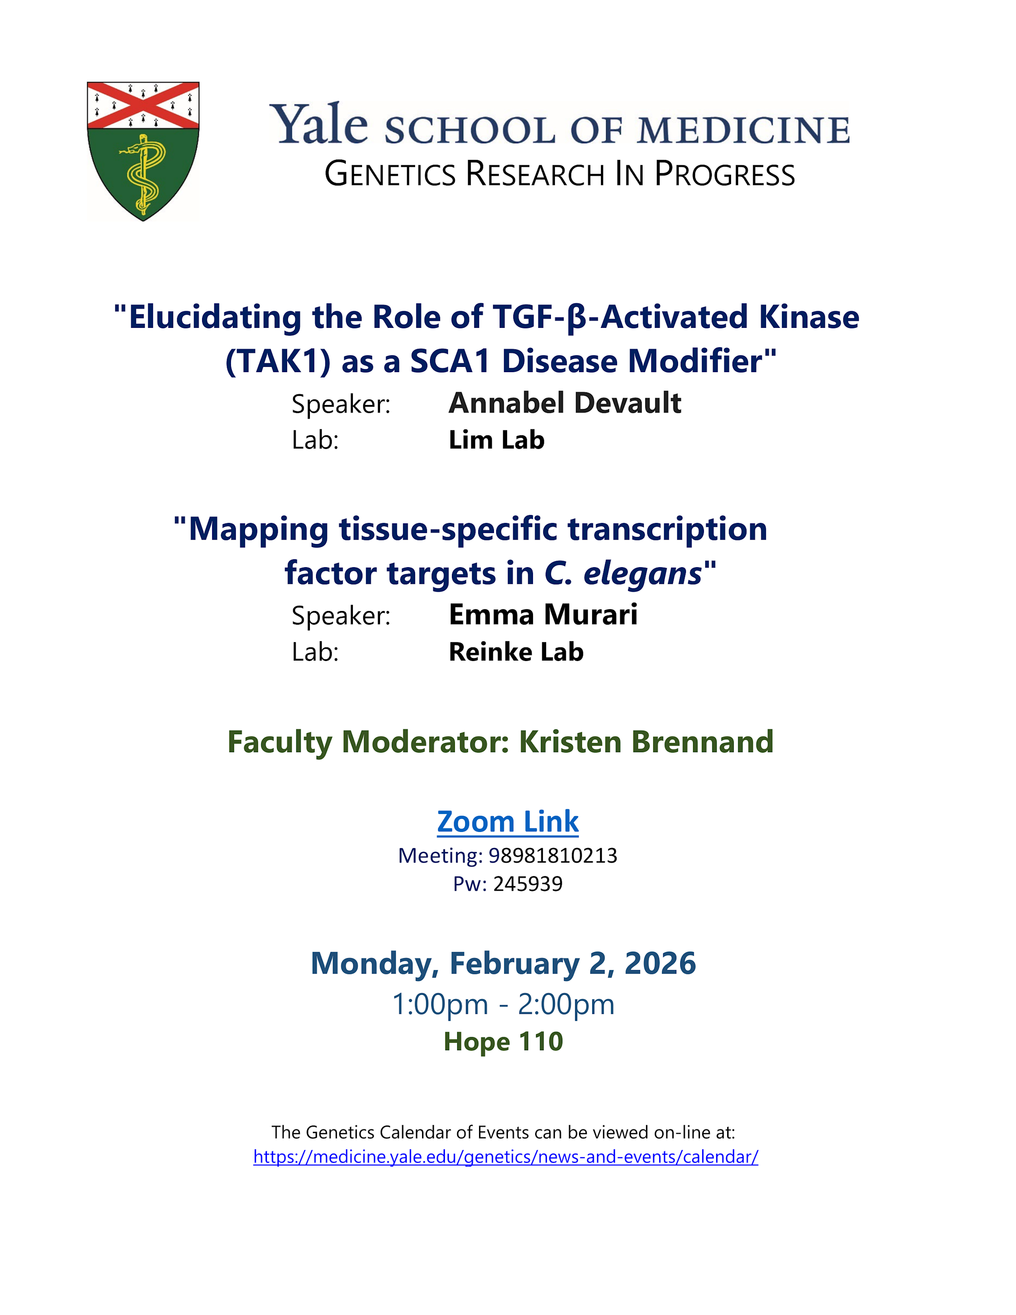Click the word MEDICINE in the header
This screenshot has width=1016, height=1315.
pyautogui.click(x=743, y=130)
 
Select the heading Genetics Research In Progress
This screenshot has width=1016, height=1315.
pyautogui.click(x=560, y=174)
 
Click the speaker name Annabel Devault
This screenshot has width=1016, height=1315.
pyautogui.click(x=565, y=403)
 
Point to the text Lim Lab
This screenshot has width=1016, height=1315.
pyautogui.click(x=497, y=440)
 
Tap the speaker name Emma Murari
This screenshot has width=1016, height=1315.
pyautogui.click(x=543, y=615)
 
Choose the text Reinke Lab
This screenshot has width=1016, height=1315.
pyautogui.click(x=516, y=652)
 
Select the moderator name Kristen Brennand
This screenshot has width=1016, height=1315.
pyautogui.click(x=646, y=742)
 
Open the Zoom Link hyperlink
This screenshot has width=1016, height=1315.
pyautogui.click(x=508, y=822)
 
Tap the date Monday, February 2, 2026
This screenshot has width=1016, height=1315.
pyautogui.click(x=503, y=963)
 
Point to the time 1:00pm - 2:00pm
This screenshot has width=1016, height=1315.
pyautogui.click(x=503, y=1004)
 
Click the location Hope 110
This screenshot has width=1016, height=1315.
pyautogui.click(x=503, y=1041)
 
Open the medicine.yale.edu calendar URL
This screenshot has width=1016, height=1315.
pyautogui.click(x=506, y=1157)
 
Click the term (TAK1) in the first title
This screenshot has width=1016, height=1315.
pyautogui.click(x=278, y=361)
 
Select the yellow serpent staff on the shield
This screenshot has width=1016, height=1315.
pyautogui.click(x=143, y=174)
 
